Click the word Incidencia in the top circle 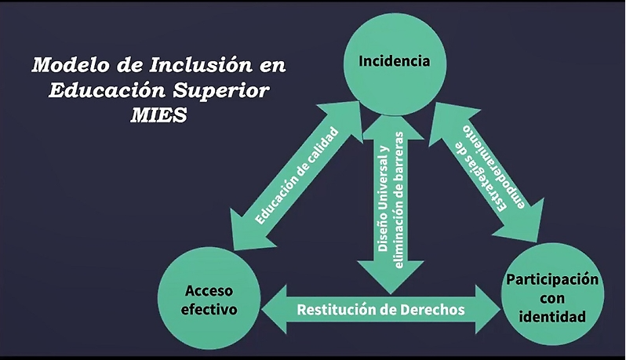coord(394,61)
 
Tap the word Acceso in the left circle coord(209,290)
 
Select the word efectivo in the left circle coord(209,309)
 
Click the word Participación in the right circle coord(552,280)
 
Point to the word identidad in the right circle coord(552,317)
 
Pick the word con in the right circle coord(552,299)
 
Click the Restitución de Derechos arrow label coord(381,310)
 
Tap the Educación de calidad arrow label coord(297,176)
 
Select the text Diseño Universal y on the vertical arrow coord(383,198)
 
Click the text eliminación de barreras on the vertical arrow coord(399,199)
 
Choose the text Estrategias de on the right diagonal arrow coord(480,176)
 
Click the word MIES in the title coord(158,116)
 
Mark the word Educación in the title coord(107,91)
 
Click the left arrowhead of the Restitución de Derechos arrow coord(275,309)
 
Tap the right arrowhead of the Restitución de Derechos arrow coord(488,309)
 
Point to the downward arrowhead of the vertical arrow coord(391,278)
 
